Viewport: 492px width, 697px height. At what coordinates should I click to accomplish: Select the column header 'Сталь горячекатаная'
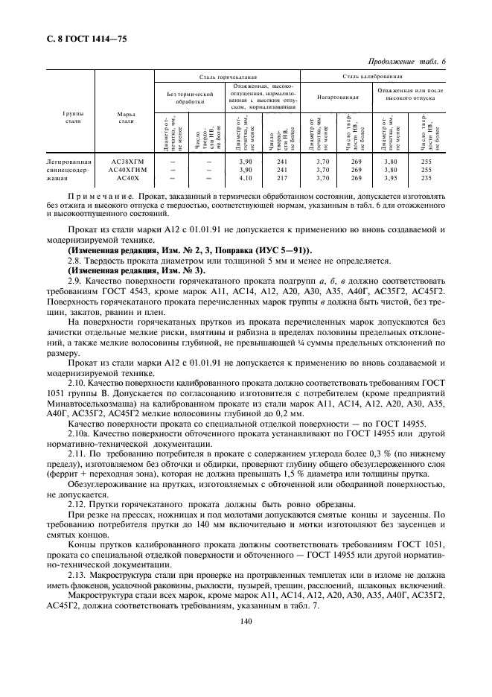[227, 76]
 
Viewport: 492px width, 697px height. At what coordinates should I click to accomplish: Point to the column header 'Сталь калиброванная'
[373, 76]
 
